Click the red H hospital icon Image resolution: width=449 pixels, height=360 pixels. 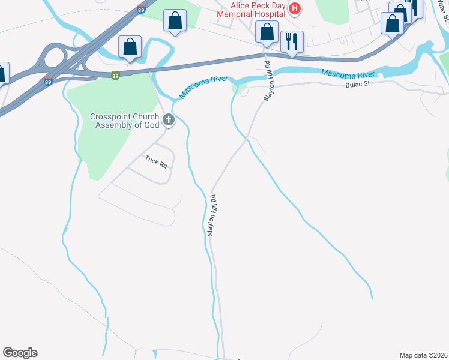[294, 8]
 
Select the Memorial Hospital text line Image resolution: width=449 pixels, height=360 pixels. [250, 13]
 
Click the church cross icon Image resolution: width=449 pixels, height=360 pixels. [169, 120]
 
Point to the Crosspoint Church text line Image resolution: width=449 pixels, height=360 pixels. [125, 117]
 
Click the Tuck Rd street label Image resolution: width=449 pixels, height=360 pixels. [155, 161]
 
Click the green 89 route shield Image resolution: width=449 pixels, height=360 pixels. [115, 75]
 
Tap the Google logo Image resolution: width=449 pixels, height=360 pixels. [20, 353]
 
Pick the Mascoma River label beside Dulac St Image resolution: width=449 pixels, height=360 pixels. [348, 73]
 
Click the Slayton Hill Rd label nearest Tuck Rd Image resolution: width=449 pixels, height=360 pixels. [211, 214]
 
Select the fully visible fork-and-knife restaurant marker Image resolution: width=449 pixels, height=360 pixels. [292, 41]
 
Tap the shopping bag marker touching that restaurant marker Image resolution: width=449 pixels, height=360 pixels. [267, 31]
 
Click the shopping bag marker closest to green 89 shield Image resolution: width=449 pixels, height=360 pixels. [130, 47]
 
